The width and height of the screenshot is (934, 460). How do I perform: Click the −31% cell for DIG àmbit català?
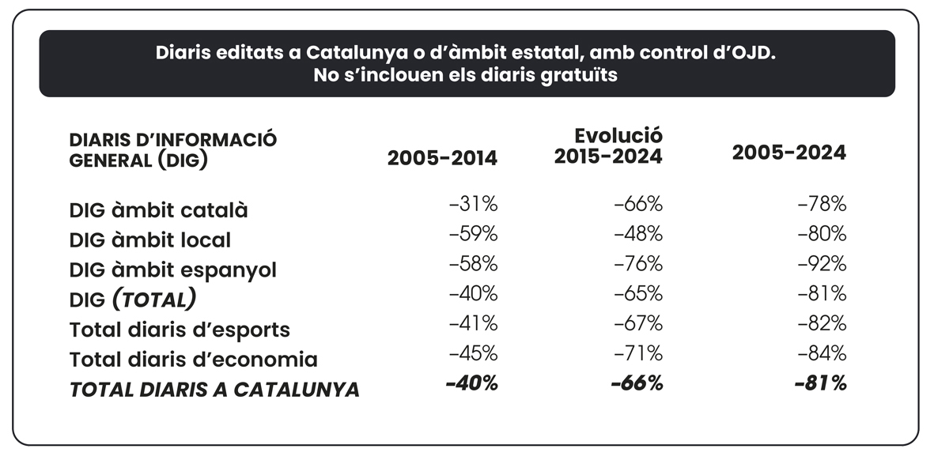[x=473, y=205]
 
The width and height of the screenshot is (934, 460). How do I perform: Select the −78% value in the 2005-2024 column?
[x=822, y=205]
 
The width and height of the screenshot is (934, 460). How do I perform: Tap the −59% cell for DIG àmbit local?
[x=473, y=235]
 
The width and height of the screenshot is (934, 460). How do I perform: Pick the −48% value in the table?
[x=638, y=235]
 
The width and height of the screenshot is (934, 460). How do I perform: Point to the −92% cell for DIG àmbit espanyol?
[x=822, y=264]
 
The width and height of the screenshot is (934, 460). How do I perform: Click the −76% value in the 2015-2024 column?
[x=638, y=264]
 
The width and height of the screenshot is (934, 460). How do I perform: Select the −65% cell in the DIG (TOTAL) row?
[x=638, y=294]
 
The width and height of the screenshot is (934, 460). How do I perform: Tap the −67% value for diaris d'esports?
[x=638, y=324]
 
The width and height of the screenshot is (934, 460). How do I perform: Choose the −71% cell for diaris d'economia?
[x=638, y=353]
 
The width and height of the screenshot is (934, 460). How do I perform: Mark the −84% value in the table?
[x=822, y=353]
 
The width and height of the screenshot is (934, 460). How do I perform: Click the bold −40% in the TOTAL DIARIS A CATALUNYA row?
[x=472, y=384]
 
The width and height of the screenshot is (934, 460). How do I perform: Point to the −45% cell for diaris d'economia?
[x=473, y=353]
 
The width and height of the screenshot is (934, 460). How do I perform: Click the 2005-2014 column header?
[x=442, y=158]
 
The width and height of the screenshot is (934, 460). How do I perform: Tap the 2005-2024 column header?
[x=788, y=153]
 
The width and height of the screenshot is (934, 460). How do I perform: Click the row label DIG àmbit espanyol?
[x=173, y=270]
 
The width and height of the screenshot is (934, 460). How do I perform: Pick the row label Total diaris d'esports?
[x=180, y=330]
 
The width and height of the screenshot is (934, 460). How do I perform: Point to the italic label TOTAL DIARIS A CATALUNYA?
[x=214, y=390]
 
